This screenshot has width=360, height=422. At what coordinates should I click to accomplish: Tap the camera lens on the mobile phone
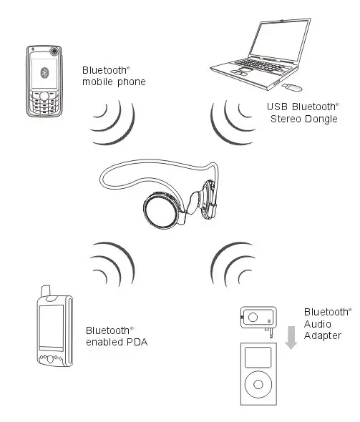pyautogui.click(x=55, y=51)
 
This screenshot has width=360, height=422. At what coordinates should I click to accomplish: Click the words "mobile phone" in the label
pyautogui.click(x=114, y=82)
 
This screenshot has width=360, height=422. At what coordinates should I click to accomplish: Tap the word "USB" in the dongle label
pyautogui.click(x=277, y=107)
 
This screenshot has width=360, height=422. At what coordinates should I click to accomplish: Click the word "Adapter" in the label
pyautogui.click(x=323, y=335)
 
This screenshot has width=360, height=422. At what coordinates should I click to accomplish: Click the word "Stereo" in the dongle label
pyautogui.click(x=286, y=119)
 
